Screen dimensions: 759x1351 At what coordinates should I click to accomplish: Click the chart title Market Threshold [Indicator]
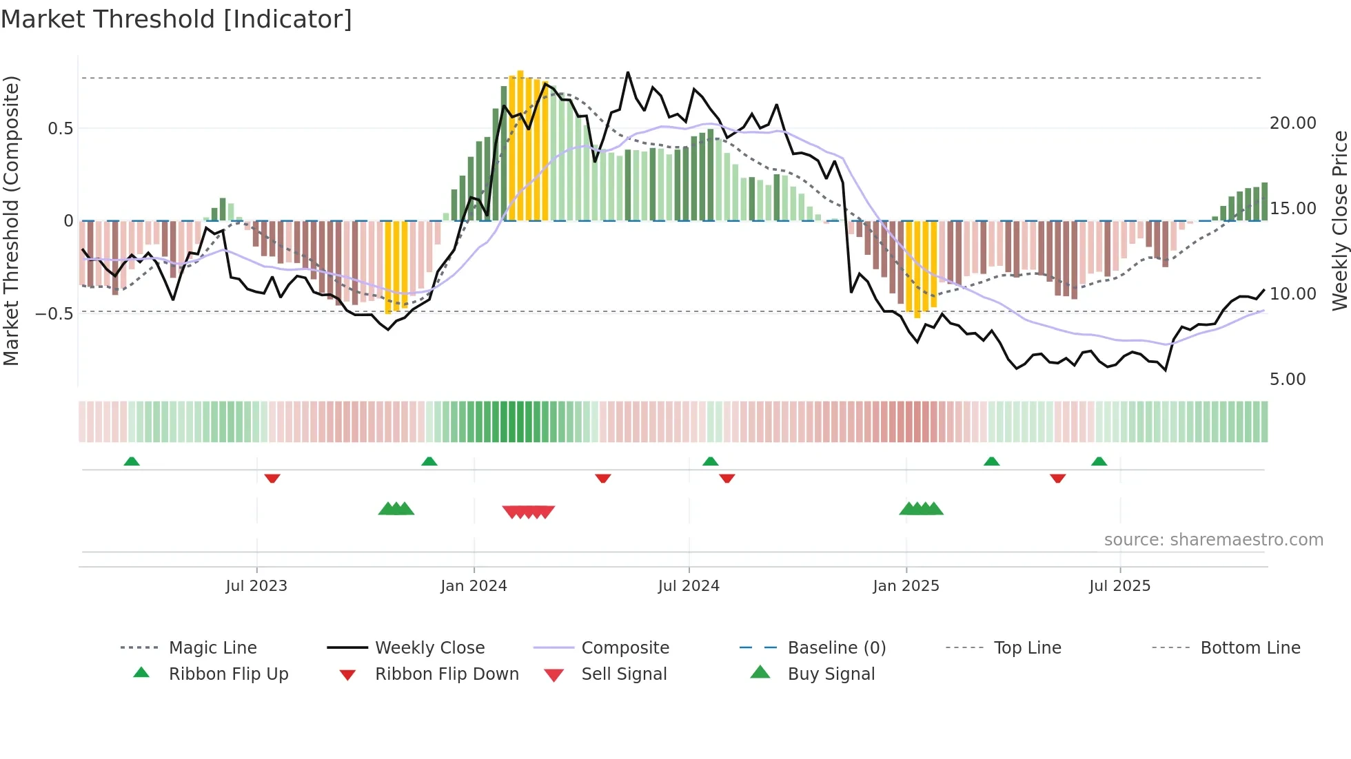176,19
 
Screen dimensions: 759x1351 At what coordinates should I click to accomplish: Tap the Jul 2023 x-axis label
256,586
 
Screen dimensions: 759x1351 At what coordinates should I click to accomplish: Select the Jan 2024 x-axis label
474,586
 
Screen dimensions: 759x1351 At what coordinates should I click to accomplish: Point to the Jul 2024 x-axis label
689,586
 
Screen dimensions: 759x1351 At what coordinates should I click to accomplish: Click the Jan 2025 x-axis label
906,586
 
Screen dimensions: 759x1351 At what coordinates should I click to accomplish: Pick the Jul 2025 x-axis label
1119,586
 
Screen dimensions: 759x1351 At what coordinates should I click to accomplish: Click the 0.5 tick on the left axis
60,129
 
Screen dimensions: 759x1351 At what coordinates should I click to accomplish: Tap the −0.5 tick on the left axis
54,314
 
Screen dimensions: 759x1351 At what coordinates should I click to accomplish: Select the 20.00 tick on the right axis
1292,123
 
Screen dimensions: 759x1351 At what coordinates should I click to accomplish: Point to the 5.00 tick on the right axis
1288,379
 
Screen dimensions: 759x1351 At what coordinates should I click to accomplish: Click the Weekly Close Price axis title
1339,220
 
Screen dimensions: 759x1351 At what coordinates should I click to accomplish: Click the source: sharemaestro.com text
1213,540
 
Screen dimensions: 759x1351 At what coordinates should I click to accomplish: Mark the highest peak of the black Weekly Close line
628,72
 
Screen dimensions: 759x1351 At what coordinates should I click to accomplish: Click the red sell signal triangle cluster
529,512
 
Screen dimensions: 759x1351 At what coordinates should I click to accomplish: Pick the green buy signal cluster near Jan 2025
921,509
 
